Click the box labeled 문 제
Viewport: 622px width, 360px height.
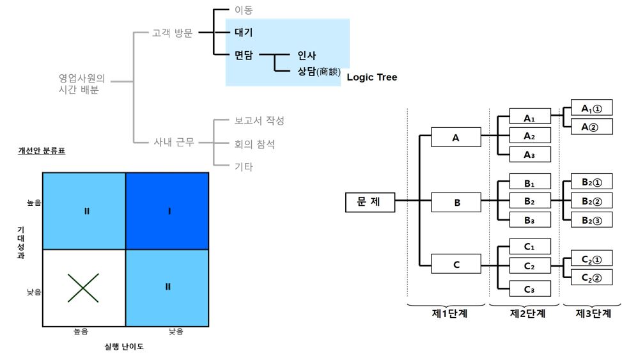(369, 201)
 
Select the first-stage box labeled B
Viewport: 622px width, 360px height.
(456, 203)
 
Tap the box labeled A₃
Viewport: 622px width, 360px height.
(529, 153)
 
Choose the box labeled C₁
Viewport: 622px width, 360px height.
(529, 247)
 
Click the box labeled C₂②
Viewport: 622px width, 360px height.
(591, 278)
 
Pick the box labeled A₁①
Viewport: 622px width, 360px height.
(591, 109)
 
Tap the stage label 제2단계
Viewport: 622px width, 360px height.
(528, 313)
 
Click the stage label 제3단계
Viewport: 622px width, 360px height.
(593, 313)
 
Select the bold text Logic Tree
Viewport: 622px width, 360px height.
(372, 77)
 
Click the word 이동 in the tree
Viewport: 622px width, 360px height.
(244, 10)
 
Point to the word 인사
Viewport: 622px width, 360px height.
(307, 56)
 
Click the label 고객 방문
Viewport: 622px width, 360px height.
(172, 33)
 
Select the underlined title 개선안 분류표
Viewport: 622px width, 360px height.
(42, 152)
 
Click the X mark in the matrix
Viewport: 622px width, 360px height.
(84, 288)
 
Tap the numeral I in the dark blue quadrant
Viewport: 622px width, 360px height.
(168, 210)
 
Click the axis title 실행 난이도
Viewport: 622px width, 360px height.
(124, 347)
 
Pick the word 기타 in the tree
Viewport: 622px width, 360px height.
(244, 167)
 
